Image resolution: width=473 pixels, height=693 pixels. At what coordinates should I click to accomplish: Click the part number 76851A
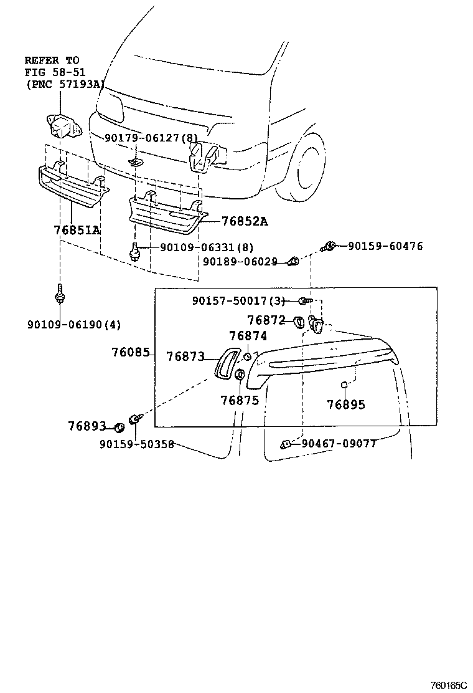(x=77, y=230)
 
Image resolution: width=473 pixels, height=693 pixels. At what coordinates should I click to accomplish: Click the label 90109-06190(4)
(x=74, y=324)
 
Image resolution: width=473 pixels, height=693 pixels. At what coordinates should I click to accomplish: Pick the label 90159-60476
(x=385, y=246)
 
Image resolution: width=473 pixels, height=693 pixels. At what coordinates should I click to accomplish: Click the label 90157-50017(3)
(x=238, y=301)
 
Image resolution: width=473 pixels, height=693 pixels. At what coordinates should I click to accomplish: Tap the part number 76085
(x=131, y=352)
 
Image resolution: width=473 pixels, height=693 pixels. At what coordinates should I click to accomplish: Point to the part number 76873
(x=185, y=356)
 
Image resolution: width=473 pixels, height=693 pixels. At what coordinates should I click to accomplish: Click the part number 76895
(x=346, y=404)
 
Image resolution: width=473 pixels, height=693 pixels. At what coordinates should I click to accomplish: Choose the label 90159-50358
(x=136, y=444)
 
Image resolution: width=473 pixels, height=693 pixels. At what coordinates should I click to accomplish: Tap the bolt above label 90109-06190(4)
(x=60, y=293)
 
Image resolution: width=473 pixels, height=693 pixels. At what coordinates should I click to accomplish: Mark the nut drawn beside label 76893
(x=118, y=428)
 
